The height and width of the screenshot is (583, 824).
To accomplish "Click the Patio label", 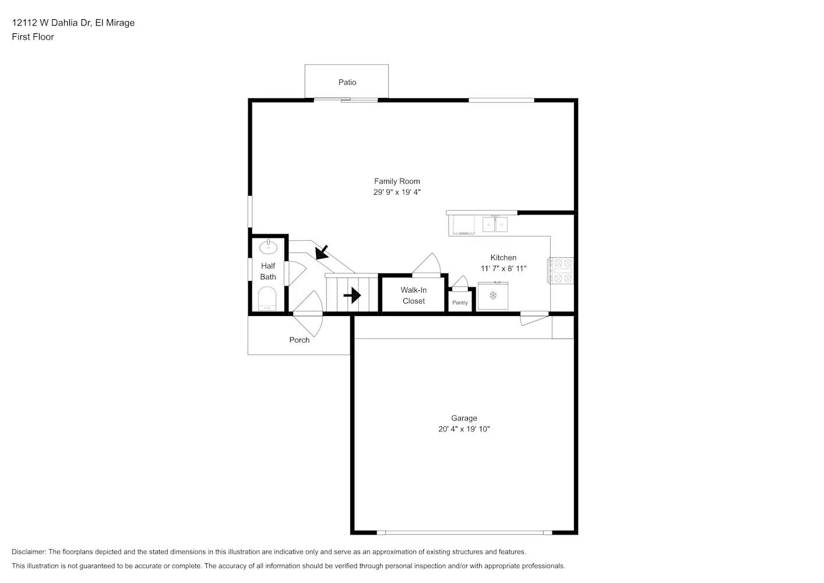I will pos(347,82).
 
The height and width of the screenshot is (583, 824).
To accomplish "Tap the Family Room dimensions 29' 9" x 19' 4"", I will pos(397,192).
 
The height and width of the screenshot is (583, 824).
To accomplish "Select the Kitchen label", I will pos(503,257).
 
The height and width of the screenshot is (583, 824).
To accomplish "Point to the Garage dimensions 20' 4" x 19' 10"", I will pos(464,429).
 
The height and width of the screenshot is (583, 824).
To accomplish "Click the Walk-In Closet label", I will pos(414,296).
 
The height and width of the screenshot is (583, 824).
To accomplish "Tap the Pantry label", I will pos(460,303).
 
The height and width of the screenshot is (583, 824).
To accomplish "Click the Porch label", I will pos(300,340).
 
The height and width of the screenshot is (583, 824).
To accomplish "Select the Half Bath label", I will pos(268,271).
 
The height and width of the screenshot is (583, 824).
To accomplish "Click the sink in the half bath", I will pos(268,247).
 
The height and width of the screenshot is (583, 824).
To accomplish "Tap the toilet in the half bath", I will pos(267,301).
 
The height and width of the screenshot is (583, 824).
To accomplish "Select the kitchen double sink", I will pos(495,224).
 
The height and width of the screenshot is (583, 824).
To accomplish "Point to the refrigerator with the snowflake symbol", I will pos(493,296).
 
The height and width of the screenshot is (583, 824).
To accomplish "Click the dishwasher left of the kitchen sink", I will pos(463,224).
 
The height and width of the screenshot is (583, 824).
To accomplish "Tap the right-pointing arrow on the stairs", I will pos(352,296).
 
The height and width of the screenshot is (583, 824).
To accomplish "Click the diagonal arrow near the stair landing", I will pos(321,252).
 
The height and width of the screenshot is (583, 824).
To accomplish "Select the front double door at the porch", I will pos(307,318).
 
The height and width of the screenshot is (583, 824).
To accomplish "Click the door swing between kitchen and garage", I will pos(534,318).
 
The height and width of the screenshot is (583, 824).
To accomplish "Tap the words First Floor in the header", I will pos(33,37).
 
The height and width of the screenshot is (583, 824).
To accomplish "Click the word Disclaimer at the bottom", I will pos(29,552).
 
